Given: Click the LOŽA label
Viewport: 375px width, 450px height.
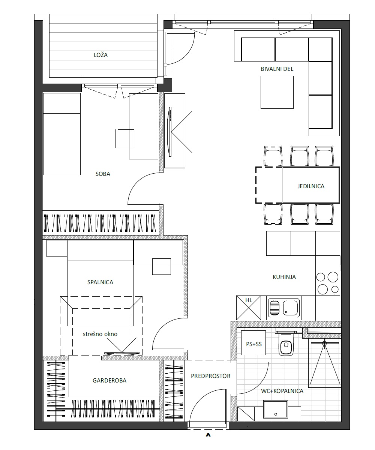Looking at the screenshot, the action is [100, 55].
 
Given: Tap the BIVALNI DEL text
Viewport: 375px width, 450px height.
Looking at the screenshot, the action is [277, 69].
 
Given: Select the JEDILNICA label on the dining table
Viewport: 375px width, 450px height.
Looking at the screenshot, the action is [311, 186].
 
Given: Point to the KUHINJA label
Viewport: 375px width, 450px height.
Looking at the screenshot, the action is [284, 277].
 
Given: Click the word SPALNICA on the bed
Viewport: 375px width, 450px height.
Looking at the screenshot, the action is [100, 282].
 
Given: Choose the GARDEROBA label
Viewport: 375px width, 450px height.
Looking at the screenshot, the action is [109, 380].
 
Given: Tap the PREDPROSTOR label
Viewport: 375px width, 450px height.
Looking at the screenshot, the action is [210, 376].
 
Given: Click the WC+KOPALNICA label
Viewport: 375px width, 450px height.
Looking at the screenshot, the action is [282, 391].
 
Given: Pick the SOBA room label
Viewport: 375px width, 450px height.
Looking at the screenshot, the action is [103, 174].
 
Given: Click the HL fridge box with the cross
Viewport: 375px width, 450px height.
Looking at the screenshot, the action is [249, 307].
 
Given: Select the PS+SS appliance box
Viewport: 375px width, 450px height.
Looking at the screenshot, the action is [253, 343].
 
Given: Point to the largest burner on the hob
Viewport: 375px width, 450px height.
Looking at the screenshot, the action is [333, 277].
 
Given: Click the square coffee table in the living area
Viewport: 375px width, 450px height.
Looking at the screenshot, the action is [277, 92].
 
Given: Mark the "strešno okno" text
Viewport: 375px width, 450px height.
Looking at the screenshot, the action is [100, 334].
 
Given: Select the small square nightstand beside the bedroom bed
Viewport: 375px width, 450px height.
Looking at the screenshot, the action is [57, 249].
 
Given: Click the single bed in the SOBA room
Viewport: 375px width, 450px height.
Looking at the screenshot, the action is [62, 134].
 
